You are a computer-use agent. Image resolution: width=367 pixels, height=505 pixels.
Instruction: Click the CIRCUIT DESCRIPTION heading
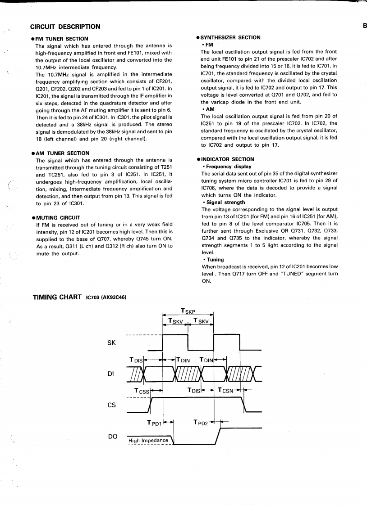click(x=65, y=27)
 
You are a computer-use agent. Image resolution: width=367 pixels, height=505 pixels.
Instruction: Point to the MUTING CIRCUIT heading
click(x=57, y=217)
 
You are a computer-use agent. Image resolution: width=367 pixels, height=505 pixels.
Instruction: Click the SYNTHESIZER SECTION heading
click(x=229, y=37)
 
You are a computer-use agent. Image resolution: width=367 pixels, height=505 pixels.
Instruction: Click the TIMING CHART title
click(x=58, y=298)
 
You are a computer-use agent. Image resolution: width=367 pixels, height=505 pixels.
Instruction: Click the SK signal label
click(x=112, y=343)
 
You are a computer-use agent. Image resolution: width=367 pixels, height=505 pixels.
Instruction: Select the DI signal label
click(x=111, y=374)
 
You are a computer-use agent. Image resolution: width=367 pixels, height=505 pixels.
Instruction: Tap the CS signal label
click(x=111, y=405)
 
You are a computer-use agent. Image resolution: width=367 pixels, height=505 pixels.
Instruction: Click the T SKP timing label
click(x=188, y=311)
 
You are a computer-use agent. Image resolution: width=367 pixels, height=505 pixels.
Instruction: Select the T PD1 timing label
click(x=154, y=423)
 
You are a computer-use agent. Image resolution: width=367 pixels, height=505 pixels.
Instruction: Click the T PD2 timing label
click(x=201, y=422)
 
